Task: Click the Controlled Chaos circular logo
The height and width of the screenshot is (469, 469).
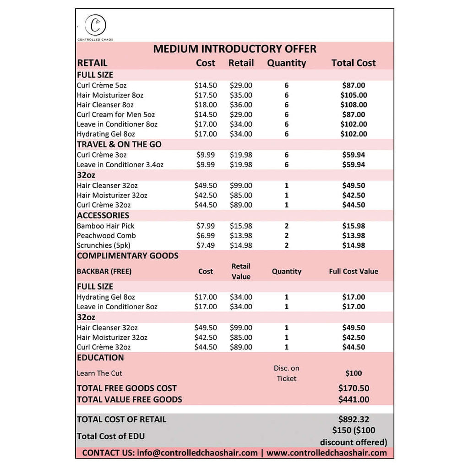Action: click(x=96, y=25)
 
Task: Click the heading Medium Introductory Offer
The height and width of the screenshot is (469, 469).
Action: click(x=234, y=49)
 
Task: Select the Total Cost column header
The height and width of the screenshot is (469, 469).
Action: click(x=354, y=63)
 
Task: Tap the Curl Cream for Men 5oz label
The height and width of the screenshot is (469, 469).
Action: click(x=116, y=115)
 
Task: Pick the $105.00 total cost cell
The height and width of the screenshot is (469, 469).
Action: click(x=354, y=95)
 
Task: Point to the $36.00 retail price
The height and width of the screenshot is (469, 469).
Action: click(x=241, y=105)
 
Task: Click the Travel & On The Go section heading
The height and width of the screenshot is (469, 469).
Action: click(x=119, y=144)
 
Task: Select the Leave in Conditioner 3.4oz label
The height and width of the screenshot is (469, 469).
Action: click(x=120, y=164)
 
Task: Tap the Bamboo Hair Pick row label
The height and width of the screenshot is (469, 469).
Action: click(x=105, y=226)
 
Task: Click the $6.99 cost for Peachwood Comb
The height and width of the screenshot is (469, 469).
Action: click(x=205, y=235)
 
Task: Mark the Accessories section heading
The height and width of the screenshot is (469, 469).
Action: click(x=103, y=215)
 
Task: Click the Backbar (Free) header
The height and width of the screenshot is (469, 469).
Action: click(x=104, y=271)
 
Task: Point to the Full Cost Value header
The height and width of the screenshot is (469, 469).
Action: click(x=354, y=271)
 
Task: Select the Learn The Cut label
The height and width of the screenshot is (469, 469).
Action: click(x=99, y=373)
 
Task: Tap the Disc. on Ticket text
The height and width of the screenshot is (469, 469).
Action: click(x=287, y=373)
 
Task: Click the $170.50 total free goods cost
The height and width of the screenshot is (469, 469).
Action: click(x=354, y=388)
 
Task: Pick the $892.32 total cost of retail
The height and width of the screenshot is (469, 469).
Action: click(x=354, y=419)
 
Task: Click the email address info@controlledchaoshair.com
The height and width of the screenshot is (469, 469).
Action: click(x=197, y=453)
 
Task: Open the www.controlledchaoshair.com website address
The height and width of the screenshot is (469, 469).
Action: click(x=327, y=453)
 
